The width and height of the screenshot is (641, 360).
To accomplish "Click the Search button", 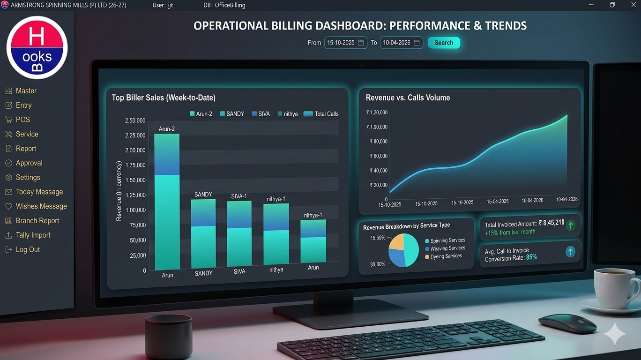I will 444,43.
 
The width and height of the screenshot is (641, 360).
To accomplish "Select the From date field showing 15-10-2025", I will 345,43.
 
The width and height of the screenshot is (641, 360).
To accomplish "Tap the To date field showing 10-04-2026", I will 401,43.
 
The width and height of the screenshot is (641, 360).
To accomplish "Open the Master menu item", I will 26,91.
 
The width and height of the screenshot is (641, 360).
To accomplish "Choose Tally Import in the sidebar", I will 33,235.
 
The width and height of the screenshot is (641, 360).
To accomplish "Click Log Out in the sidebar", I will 28,250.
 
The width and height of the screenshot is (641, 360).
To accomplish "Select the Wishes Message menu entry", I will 41,206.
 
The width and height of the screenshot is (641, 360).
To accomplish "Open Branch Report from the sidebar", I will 37,221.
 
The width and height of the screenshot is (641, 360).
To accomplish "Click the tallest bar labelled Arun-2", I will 167,202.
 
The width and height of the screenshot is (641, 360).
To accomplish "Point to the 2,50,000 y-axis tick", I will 135,121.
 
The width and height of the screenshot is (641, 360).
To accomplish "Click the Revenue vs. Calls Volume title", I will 408,98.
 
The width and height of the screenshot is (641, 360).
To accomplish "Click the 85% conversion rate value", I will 531,257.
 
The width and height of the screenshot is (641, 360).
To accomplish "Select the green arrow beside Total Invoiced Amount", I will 570,225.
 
